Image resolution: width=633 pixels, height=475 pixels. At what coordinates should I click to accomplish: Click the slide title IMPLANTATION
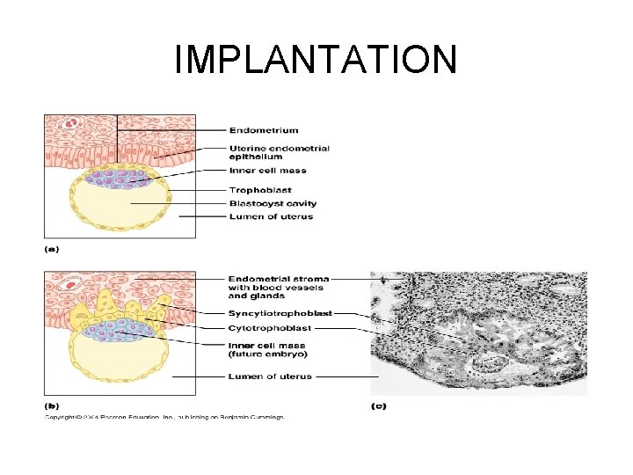tap(316, 60)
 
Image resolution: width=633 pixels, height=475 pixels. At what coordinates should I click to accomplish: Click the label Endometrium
tap(263, 131)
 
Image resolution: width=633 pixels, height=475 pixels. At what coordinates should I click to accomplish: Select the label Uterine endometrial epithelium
tap(280, 152)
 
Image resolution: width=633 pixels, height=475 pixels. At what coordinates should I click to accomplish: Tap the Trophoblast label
tap(260, 190)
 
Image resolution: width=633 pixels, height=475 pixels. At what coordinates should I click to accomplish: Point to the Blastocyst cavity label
tap(273, 203)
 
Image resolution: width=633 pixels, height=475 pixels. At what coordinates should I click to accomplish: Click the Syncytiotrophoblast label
tap(279, 313)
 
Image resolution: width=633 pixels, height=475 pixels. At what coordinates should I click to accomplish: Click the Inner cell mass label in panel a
tap(267, 171)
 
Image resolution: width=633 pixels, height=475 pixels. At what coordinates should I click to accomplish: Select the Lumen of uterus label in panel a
tap(270, 216)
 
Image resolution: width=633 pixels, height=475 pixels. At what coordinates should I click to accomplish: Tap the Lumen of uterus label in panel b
tap(270, 376)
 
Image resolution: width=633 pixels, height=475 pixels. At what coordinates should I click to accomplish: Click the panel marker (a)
tap(53, 249)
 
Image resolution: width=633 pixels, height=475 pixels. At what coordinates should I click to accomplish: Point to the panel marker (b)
tap(53, 406)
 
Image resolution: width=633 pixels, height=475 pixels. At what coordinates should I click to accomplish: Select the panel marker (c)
tap(378, 406)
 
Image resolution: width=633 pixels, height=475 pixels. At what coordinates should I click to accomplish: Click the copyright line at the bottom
tap(164, 418)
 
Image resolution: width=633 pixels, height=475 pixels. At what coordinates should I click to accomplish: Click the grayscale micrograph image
tap(478, 333)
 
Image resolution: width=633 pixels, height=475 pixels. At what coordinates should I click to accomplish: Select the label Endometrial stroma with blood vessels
tap(274, 288)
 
